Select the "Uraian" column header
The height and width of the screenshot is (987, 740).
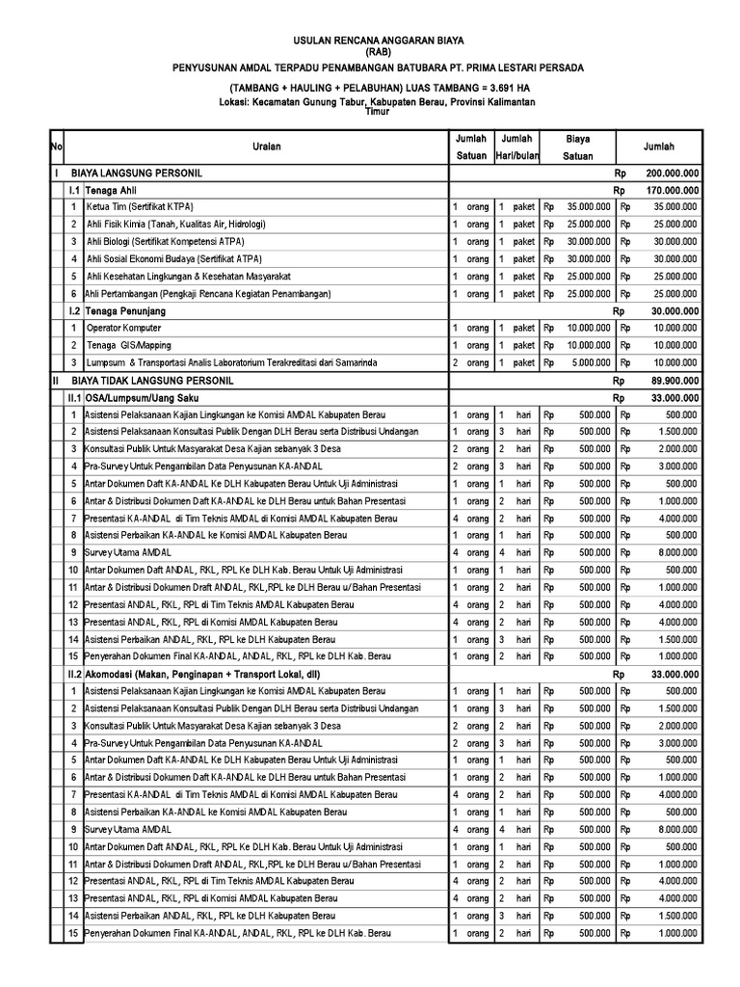[267, 147]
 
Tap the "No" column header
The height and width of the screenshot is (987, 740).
[56, 147]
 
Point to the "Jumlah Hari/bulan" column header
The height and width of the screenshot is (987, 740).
[516, 147]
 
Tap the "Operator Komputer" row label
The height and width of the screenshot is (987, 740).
[126, 329]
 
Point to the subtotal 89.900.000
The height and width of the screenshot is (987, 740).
[673, 381]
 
